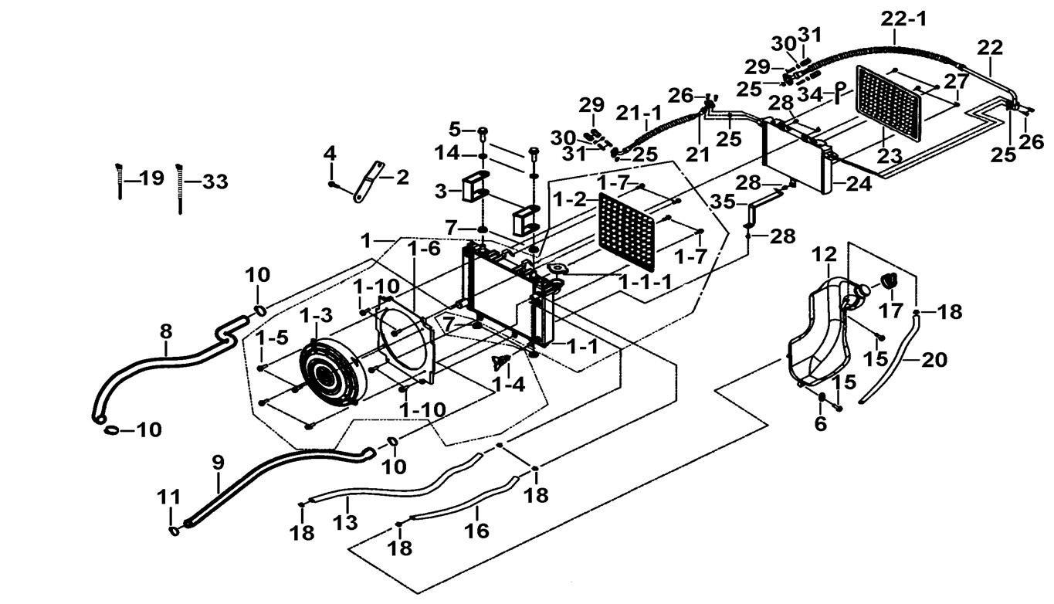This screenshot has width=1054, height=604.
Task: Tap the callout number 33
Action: (x=214, y=182)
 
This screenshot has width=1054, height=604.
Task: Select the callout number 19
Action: (x=151, y=178)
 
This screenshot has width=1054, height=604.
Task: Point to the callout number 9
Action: (x=219, y=463)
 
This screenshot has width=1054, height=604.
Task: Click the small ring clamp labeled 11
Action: (x=175, y=531)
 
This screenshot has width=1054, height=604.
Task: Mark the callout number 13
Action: (x=346, y=523)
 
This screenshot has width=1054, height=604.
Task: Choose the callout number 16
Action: (x=476, y=531)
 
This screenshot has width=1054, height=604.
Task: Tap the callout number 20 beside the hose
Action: (x=933, y=359)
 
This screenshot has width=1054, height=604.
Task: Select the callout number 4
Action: (x=330, y=153)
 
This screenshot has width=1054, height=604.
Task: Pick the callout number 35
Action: (x=724, y=202)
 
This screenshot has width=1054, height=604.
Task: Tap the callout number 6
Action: (x=820, y=423)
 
